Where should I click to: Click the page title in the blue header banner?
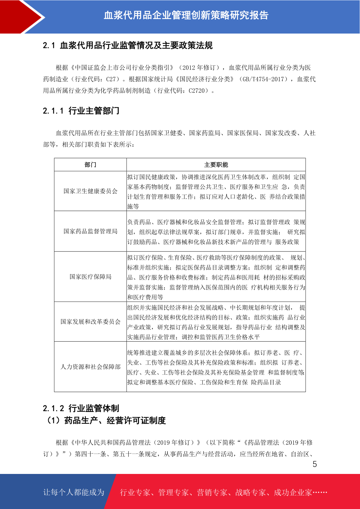(186, 15)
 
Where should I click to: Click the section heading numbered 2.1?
(128, 46)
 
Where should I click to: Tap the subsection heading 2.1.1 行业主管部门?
(81, 111)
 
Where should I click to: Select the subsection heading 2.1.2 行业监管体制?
(81, 408)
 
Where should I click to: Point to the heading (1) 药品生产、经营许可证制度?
(105, 420)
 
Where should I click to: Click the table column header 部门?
(90, 165)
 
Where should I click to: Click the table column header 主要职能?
(216, 165)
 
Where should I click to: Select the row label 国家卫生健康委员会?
(90, 191)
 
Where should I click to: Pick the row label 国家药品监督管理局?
(90, 231)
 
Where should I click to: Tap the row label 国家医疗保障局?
(90, 277)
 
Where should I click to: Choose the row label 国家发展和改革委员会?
(90, 322)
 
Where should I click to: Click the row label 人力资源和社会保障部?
(90, 367)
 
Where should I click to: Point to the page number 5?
(315, 464)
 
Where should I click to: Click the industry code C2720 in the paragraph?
(198, 91)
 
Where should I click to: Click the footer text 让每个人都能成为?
(74, 492)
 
